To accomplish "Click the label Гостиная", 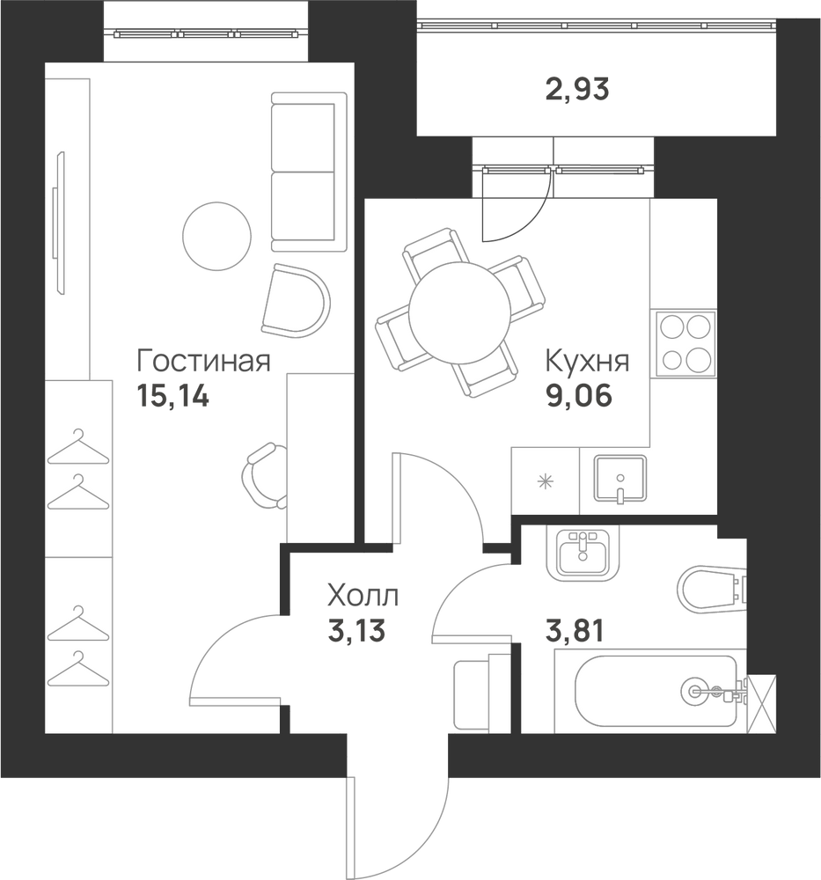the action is [x=203, y=362].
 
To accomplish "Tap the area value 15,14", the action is [x=172, y=397].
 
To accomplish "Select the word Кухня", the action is [x=587, y=362].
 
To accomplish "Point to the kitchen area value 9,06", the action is [x=579, y=397].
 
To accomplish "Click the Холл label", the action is [x=363, y=596].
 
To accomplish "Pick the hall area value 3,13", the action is [x=356, y=631].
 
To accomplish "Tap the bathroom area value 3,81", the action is [x=575, y=631].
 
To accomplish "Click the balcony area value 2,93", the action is [x=577, y=90].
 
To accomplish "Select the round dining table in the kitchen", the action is [x=460, y=313].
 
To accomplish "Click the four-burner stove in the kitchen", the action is [x=684, y=343].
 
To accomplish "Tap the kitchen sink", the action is [x=620, y=478].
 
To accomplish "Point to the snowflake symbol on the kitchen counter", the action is [x=545, y=481].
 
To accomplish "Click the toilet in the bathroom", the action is [x=712, y=588].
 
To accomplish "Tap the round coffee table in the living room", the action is [x=216, y=236].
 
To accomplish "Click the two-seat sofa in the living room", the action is [x=309, y=172].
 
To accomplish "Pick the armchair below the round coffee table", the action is [x=296, y=301].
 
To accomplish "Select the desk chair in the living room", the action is [x=265, y=476].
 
